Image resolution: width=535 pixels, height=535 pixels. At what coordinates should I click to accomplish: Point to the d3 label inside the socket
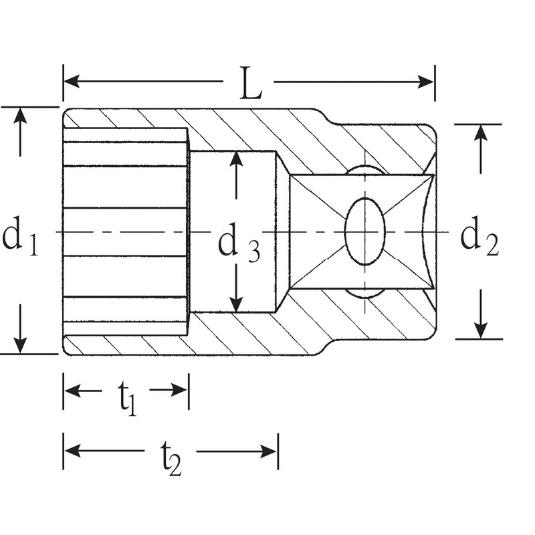(238, 245)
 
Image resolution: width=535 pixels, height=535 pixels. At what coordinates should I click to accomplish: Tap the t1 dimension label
(128, 399)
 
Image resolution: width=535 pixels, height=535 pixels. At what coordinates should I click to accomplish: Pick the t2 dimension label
(170, 459)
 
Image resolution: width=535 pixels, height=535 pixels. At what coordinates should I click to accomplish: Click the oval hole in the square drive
(365, 231)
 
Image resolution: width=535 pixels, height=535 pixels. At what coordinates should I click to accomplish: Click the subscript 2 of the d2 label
(492, 247)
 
